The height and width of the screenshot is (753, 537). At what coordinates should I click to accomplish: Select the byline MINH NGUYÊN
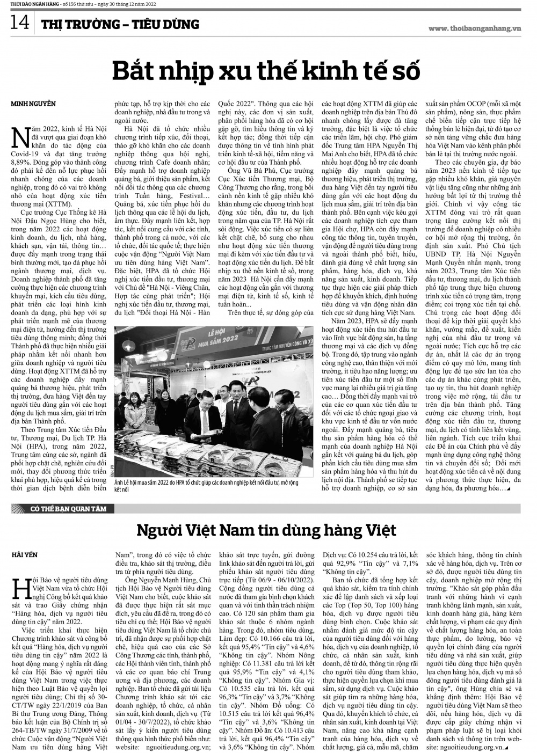[x=33, y=103]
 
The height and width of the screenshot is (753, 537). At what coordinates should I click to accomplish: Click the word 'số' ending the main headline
[x=404, y=71]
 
